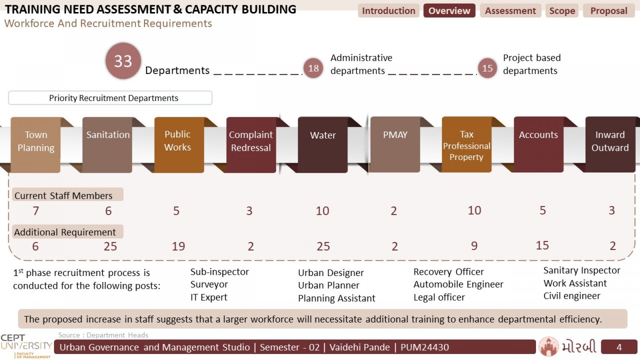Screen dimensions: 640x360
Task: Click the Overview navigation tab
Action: click(449, 10)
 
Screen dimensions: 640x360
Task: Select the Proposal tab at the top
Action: click(609, 10)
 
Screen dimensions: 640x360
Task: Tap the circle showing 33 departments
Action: click(123, 61)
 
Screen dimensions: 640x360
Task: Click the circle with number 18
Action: click(314, 68)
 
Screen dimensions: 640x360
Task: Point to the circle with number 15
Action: click(488, 68)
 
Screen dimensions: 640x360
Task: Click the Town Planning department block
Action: click(36, 145)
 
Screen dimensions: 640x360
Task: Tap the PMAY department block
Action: click(395, 144)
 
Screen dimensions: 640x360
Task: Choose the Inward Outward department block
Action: click(610, 144)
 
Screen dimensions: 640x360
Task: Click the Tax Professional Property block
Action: click(466, 144)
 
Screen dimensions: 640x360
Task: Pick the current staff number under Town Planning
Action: click(36, 211)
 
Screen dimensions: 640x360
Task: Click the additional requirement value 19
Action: click(178, 246)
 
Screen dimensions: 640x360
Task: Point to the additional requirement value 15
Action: click(542, 246)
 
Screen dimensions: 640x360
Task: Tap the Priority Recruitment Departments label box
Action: click(110, 98)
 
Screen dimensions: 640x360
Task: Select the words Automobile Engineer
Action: click(458, 284)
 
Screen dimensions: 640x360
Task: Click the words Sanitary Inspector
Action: click(582, 270)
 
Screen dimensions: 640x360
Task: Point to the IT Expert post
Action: click(209, 298)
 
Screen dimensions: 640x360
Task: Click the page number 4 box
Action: click(619, 347)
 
